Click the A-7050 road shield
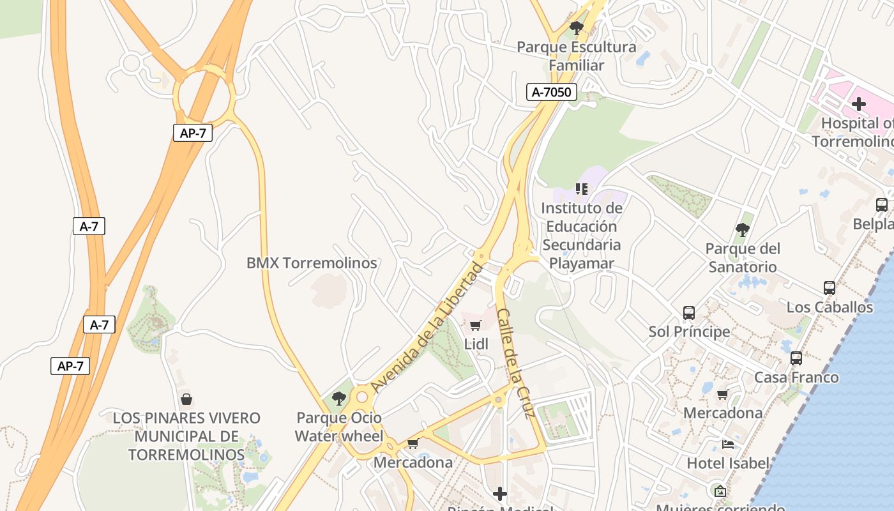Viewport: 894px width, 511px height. click(x=552, y=92)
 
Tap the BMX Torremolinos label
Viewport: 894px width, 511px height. click(x=312, y=263)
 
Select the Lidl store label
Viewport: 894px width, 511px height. click(x=476, y=344)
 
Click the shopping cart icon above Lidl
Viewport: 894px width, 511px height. click(x=475, y=326)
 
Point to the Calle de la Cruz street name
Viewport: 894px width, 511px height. click(x=515, y=363)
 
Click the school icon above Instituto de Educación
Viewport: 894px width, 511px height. click(x=581, y=189)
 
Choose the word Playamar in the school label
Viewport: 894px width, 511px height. click(x=582, y=263)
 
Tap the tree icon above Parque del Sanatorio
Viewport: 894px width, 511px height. click(x=742, y=229)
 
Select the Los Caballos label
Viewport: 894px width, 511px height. click(x=830, y=307)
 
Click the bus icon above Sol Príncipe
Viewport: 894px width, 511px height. click(x=689, y=313)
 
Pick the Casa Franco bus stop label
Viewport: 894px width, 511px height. click(x=796, y=378)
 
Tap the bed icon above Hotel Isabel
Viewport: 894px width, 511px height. click(x=727, y=444)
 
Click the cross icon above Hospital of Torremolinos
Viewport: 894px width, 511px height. click(x=859, y=103)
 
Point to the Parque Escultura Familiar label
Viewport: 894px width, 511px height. click(x=577, y=56)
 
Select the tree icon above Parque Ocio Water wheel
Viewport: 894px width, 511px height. click(x=339, y=399)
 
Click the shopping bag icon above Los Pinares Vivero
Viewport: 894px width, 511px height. click(x=186, y=399)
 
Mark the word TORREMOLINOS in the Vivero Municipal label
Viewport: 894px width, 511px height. click(x=186, y=455)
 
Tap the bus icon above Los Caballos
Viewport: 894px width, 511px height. click(x=830, y=288)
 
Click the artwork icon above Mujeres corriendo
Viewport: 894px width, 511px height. click(x=720, y=491)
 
